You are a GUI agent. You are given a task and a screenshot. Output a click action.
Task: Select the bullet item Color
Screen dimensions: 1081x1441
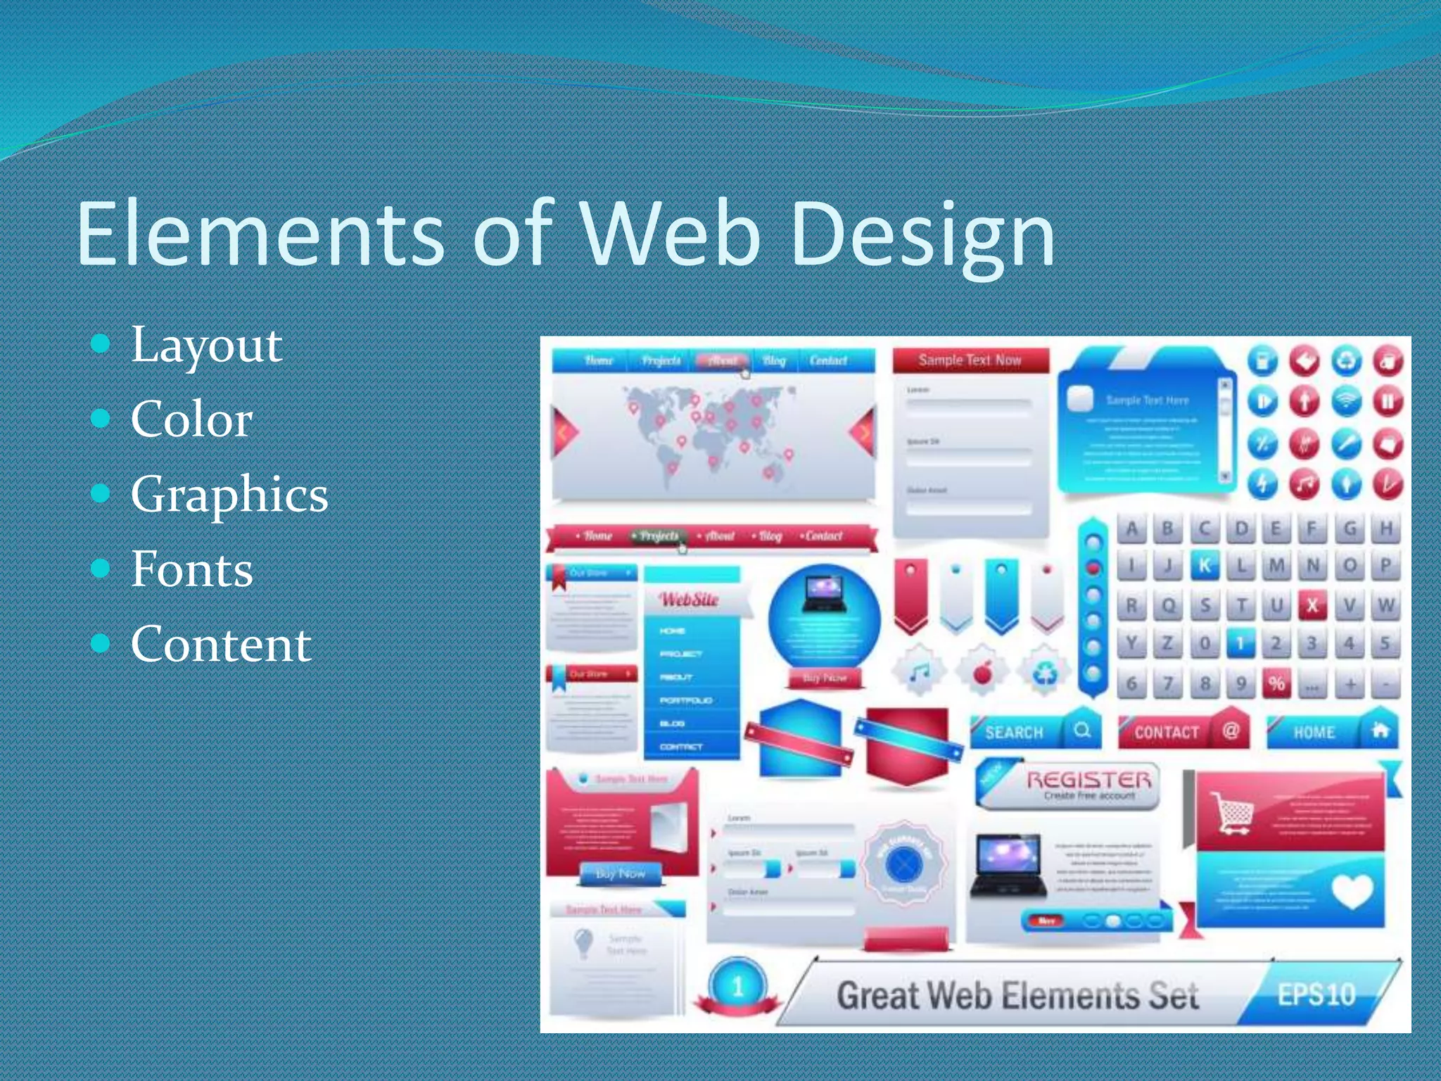(x=191, y=419)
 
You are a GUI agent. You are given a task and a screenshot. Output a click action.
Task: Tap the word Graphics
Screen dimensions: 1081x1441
(x=229, y=494)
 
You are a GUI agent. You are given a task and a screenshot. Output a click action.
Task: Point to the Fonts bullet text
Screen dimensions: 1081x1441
(x=191, y=569)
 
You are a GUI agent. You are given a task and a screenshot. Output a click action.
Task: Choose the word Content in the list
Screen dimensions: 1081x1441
(x=221, y=643)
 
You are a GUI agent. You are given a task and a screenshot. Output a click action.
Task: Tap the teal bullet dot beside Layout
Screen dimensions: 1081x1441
(x=101, y=344)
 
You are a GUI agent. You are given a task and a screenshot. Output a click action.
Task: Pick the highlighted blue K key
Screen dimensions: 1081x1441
(x=1205, y=566)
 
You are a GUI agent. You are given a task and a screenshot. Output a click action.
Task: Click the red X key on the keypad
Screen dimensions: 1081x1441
(x=1312, y=605)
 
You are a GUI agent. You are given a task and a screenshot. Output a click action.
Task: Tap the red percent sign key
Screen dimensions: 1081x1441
(x=1276, y=683)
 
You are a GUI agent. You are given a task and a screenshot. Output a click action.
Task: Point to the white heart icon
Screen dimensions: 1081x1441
(x=1352, y=891)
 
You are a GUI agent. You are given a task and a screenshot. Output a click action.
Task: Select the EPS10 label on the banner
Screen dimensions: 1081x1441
(x=1316, y=994)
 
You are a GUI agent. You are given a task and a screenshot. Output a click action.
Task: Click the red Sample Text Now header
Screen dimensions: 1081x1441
(x=970, y=360)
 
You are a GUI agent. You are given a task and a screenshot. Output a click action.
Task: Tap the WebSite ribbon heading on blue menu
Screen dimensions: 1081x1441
(x=690, y=600)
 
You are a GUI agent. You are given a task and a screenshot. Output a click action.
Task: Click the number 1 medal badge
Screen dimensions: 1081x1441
(x=737, y=987)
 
